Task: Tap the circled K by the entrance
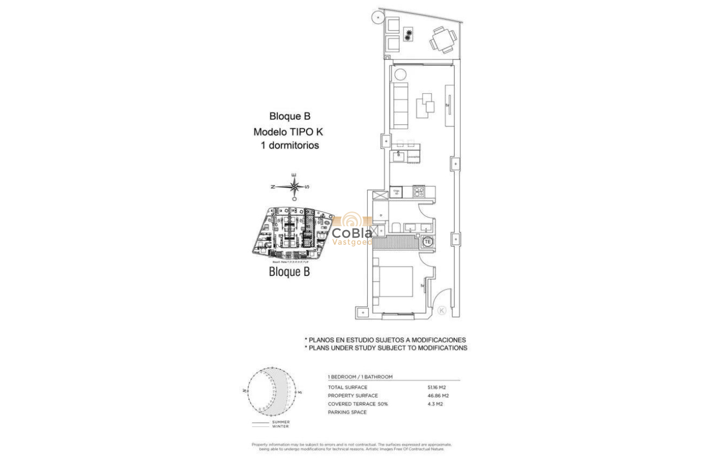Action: pos(443,310)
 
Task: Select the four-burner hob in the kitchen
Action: pos(419,192)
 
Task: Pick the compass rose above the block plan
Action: pos(295,186)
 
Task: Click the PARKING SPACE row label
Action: pos(347,412)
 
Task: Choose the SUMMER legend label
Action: pos(281,422)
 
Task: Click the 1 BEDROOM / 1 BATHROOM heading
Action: pos(360,377)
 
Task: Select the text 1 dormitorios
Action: pos(289,146)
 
